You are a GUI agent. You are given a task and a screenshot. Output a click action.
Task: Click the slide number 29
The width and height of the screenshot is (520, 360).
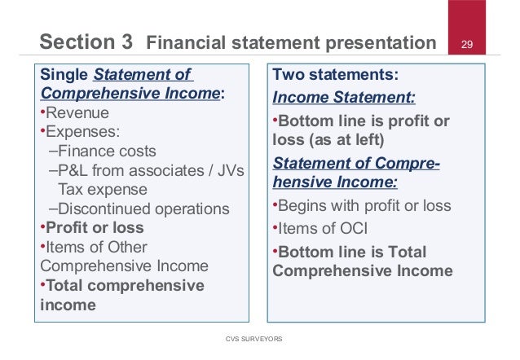468,43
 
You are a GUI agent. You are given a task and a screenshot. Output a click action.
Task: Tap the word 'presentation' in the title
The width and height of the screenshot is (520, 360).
378,42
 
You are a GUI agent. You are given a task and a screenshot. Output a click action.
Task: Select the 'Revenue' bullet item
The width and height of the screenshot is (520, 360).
77,112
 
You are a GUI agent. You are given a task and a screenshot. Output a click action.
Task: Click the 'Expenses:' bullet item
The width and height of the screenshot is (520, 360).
81,131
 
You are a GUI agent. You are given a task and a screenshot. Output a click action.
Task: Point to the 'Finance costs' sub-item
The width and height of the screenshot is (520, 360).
107,151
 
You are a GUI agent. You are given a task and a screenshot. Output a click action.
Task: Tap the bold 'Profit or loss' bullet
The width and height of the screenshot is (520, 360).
95,227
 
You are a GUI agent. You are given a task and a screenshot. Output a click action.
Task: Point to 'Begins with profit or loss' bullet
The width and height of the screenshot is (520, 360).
364,206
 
